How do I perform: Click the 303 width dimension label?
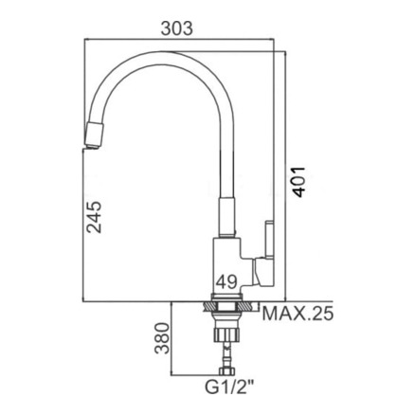176,28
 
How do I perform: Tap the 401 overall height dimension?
298,182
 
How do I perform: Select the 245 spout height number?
94,217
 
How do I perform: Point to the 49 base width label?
226,281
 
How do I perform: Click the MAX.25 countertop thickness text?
298,314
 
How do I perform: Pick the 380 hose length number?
163,338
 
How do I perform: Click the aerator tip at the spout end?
94,135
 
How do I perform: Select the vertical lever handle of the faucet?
269,239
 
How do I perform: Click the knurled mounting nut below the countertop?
227,334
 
